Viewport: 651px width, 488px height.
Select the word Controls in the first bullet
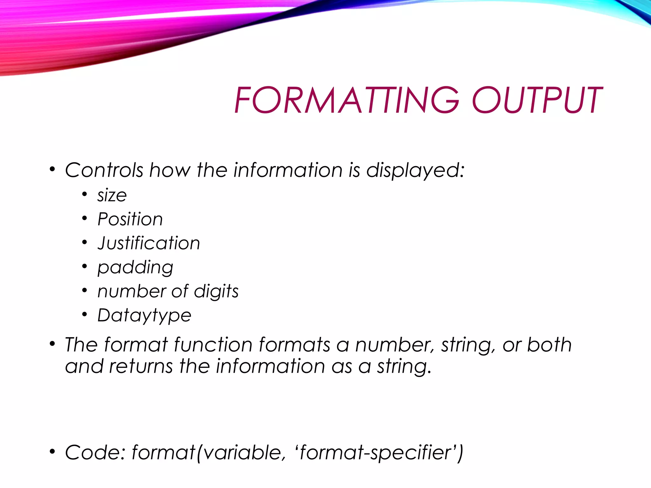[104, 170]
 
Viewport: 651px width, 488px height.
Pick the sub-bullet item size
[112, 195]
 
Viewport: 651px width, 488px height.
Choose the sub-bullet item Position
[130, 219]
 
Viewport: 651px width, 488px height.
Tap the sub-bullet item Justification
[149, 243]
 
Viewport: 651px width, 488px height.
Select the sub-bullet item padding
[135, 268]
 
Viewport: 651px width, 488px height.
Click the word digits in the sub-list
[216, 292]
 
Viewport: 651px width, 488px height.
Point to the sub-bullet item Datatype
[144, 316]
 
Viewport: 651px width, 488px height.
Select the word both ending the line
[549, 345]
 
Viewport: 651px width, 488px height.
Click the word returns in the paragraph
[141, 366]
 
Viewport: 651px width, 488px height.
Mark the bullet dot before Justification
[84, 243]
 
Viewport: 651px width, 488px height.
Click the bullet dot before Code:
[52, 452]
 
